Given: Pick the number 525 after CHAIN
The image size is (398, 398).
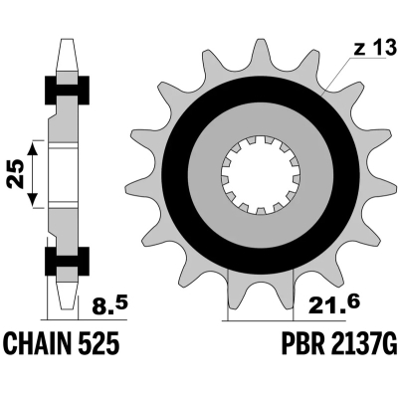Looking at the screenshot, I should [102, 344].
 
